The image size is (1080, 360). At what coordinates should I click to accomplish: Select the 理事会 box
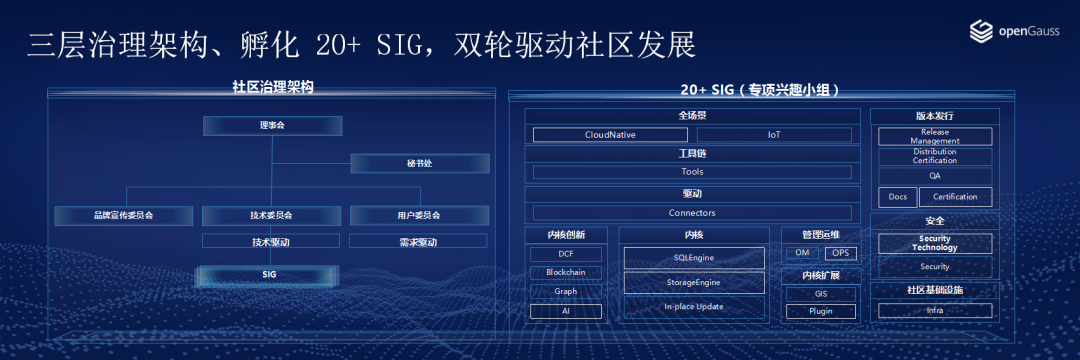(273, 126)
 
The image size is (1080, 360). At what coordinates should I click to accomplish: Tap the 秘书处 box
(420, 164)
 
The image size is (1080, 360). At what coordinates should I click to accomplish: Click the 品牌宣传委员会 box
(124, 215)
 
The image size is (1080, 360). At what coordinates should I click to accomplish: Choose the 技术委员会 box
(271, 215)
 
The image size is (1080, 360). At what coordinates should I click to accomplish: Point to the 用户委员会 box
(419, 215)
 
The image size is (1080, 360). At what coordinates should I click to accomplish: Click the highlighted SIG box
(269, 275)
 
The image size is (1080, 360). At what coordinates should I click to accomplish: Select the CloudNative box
(610, 135)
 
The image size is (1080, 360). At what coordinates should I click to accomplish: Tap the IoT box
(774, 135)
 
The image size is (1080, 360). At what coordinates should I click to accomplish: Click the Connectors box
(692, 213)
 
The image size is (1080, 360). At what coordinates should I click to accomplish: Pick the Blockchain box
(565, 273)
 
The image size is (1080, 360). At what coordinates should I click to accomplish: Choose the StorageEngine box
(694, 282)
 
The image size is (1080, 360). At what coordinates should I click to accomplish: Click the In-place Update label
(694, 306)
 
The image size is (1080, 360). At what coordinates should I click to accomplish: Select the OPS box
(840, 253)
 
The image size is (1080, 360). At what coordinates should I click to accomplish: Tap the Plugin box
(821, 311)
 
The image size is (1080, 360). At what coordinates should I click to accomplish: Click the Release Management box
(935, 136)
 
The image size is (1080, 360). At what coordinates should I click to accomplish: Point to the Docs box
(898, 197)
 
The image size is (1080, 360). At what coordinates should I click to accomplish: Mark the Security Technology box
(935, 243)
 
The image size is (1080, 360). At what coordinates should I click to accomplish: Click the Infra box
(935, 310)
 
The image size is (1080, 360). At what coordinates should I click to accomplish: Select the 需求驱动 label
(418, 242)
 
